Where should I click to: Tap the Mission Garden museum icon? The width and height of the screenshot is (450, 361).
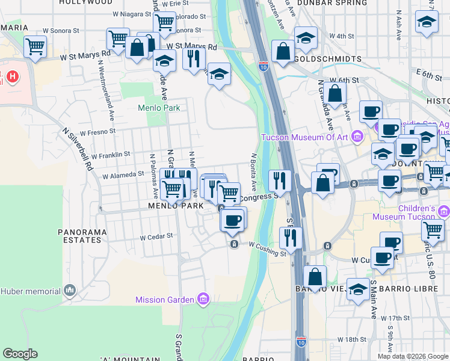coord(203,299)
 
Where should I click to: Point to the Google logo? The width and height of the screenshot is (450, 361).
coord(20,354)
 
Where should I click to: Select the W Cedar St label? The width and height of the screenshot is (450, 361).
coord(156,236)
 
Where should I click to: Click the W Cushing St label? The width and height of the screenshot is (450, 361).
coord(267,250)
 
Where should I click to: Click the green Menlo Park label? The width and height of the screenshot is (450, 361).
coord(159,108)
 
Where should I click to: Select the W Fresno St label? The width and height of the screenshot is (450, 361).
coord(96,131)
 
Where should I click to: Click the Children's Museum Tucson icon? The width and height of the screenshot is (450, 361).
coord(444,211)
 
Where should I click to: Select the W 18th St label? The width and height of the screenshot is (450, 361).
coord(352,340)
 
